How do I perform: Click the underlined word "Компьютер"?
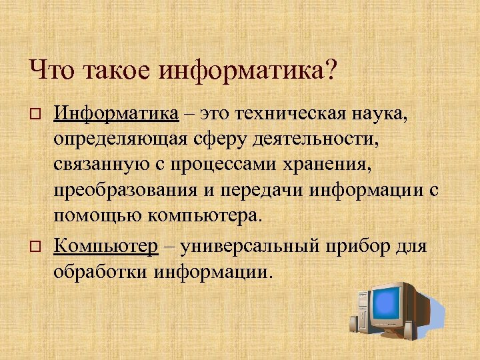[x=106, y=246]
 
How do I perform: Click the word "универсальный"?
[x=251, y=246]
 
